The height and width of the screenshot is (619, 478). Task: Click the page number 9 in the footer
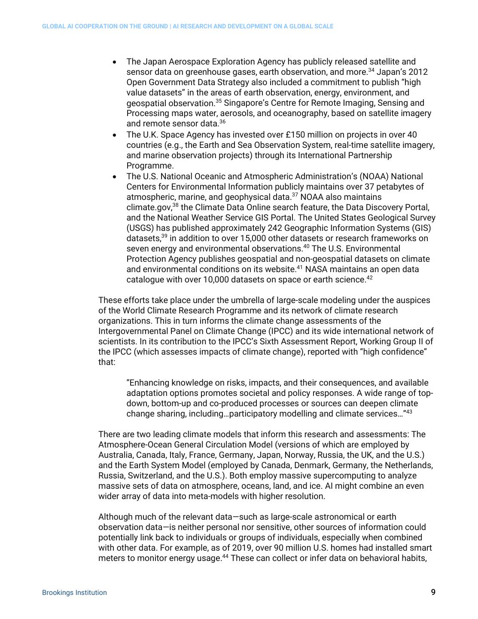[433, 592]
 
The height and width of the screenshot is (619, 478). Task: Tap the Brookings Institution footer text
[74, 592]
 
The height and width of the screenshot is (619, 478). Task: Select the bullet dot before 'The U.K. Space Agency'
[115, 135]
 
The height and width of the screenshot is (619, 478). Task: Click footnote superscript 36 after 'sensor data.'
[222, 122]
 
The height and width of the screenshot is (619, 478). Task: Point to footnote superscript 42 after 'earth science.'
[369, 278]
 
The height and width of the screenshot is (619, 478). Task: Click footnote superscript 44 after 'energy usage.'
[225, 556]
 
